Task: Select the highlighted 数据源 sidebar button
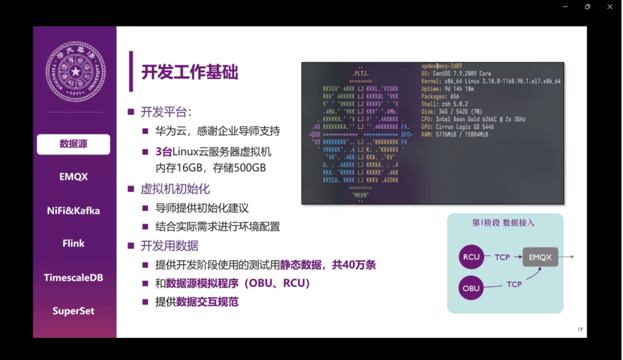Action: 73,144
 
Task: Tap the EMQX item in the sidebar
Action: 73,177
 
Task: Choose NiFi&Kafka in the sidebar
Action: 73,211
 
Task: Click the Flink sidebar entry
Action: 73,243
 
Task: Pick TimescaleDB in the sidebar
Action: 73,277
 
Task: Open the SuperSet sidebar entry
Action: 73,311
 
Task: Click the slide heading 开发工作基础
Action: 190,72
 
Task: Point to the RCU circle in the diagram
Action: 471,257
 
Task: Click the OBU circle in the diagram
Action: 471,288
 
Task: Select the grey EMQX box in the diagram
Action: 541,257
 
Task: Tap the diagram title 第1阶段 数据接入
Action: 504,223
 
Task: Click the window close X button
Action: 610,7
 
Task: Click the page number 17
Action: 580,329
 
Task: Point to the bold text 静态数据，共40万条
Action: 328,265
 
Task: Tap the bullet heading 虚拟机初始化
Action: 175,189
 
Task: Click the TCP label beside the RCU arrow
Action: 502,257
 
